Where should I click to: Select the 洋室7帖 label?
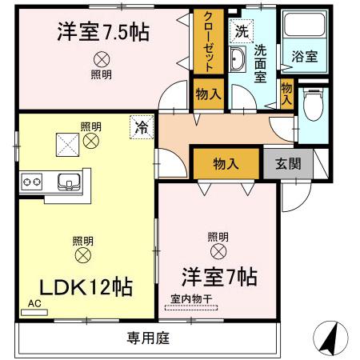218,278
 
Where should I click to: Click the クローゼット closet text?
207,42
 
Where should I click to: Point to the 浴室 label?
304,57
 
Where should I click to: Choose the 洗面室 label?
261,62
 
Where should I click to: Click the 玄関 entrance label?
289,164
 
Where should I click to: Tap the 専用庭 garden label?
148,338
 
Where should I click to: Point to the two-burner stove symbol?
32,182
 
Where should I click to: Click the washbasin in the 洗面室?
239,59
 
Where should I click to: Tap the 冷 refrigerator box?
141,126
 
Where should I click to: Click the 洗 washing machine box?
241,31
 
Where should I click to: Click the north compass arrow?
329,337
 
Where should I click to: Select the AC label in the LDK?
34,305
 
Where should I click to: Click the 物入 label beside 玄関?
226,164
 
